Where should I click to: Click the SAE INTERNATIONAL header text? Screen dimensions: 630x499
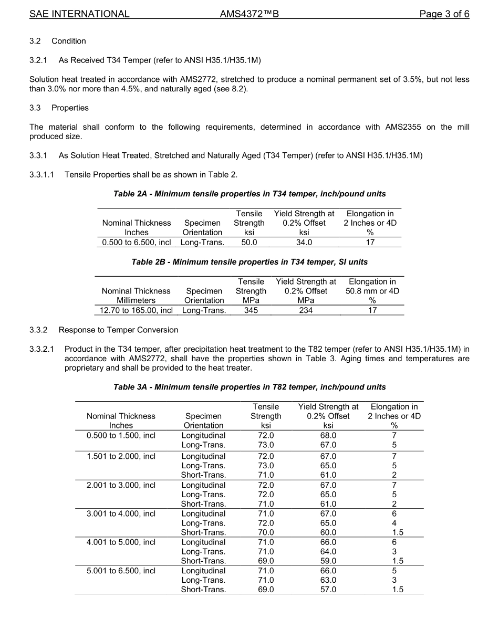coord(79,14)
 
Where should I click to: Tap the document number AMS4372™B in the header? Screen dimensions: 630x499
coord(249,14)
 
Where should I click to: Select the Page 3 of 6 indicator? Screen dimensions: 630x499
coord(444,14)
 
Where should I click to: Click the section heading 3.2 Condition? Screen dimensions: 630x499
coord(58,41)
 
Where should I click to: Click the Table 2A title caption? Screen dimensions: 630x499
coord(250,194)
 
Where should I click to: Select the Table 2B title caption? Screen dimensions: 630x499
coord(250,261)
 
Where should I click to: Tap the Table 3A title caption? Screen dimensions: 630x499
coord(250,387)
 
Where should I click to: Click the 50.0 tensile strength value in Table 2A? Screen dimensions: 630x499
coord(249,242)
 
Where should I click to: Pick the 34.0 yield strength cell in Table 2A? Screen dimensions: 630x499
coord(304,242)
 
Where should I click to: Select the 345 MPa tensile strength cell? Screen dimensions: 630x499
coord(251,310)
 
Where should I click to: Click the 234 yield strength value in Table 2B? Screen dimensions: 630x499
coord(306,310)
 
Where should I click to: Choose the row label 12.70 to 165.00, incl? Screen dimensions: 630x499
coord(136,310)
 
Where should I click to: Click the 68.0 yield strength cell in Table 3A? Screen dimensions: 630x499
coord(328,435)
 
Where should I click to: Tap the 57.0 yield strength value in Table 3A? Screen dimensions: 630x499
coord(328,590)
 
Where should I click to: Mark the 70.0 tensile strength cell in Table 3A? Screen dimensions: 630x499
coord(266,532)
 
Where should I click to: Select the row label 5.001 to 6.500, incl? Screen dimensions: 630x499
coord(121,571)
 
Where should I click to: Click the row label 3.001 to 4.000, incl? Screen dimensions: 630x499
coord(121,513)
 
